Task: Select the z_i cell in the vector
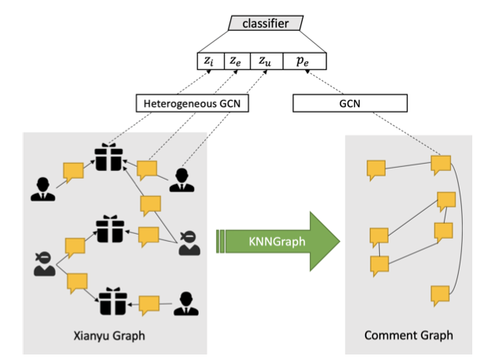(x=211, y=61)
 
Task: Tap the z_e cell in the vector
(x=237, y=61)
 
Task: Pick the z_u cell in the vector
(x=265, y=61)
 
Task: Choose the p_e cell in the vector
(x=304, y=61)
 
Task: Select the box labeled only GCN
(x=349, y=103)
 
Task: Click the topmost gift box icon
(x=110, y=158)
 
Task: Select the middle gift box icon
(x=110, y=229)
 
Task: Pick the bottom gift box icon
(x=110, y=301)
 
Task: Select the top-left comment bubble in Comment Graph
(x=375, y=169)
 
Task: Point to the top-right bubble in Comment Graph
(x=441, y=165)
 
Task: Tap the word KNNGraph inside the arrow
(x=271, y=236)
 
